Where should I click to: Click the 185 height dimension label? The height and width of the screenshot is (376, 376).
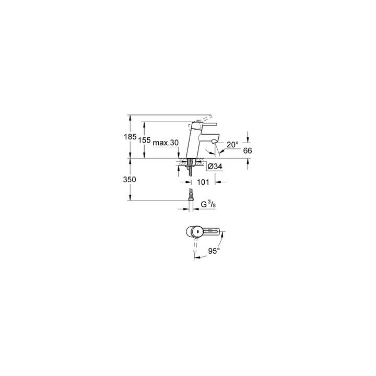(x=130, y=137)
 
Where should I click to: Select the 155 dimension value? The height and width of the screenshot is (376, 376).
(x=144, y=140)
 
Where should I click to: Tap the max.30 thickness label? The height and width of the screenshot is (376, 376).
(x=166, y=143)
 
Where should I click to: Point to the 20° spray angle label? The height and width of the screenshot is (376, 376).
(x=232, y=144)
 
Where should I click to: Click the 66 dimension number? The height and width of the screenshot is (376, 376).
(x=248, y=150)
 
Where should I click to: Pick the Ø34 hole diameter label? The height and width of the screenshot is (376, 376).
(x=215, y=167)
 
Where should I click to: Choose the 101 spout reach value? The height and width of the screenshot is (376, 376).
(x=203, y=182)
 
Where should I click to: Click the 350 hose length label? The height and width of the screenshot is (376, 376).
(x=130, y=179)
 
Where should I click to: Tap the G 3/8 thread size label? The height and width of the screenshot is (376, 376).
(x=208, y=205)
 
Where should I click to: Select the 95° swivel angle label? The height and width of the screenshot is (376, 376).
(x=214, y=251)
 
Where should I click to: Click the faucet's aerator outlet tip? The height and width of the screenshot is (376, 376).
(x=214, y=143)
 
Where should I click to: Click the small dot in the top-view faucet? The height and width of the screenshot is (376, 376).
(x=197, y=231)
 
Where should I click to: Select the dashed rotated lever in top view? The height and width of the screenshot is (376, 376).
(x=196, y=248)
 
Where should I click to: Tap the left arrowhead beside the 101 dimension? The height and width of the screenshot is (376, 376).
(x=189, y=182)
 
